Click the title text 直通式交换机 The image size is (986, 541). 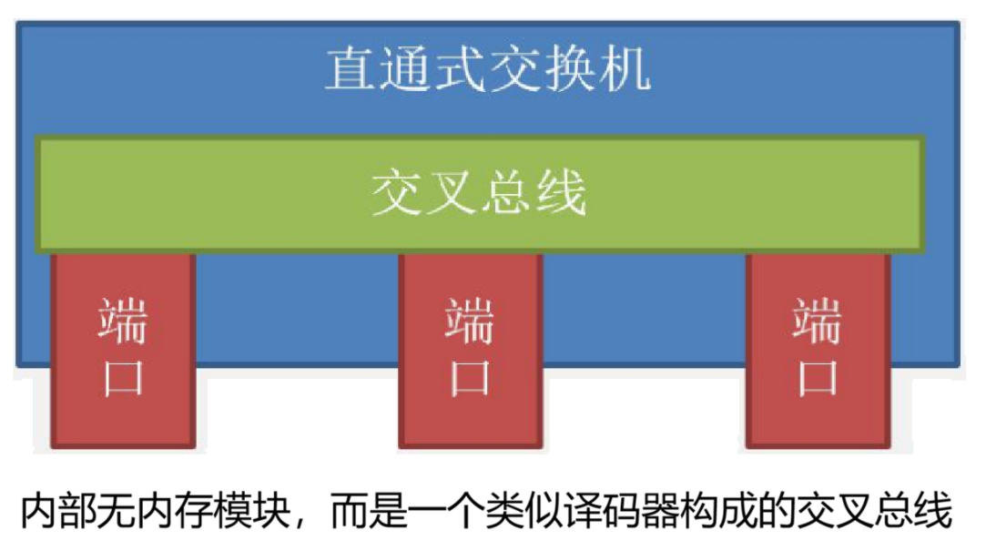(x=488, y=69)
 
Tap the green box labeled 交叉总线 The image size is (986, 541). (x=480, y=192)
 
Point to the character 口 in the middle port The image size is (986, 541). (x=470, y=376)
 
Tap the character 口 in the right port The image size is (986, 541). (x=817, y=376)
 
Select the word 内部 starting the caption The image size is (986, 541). (x=56, y=510)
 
